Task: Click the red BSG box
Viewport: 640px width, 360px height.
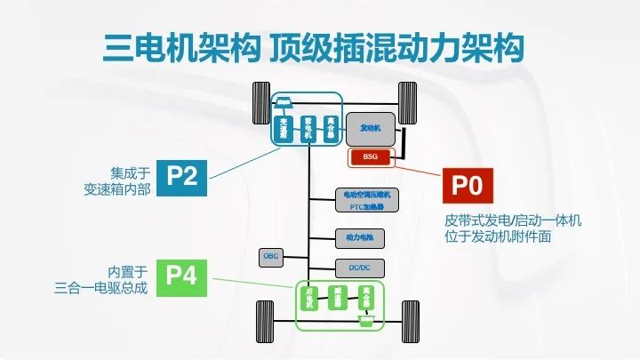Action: click(370, 156)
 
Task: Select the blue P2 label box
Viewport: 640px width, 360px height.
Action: click(182, 175)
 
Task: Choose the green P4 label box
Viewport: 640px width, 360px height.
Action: click(182, 276)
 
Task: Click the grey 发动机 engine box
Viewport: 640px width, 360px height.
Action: click(371, 129)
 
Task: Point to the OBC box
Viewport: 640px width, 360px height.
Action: click(270, 256)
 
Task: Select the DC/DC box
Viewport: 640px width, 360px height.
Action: click(360, 267)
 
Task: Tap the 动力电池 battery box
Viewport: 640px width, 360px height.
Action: click(360, 237)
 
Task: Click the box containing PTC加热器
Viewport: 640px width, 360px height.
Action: click(367, 199)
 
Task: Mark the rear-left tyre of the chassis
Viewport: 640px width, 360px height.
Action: click(264, 317)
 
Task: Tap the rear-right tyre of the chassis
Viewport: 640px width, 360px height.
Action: click(410, 317)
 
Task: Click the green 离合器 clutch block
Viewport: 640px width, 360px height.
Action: click(366, 297)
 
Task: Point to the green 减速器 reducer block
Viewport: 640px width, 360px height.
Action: click(338, 297)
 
